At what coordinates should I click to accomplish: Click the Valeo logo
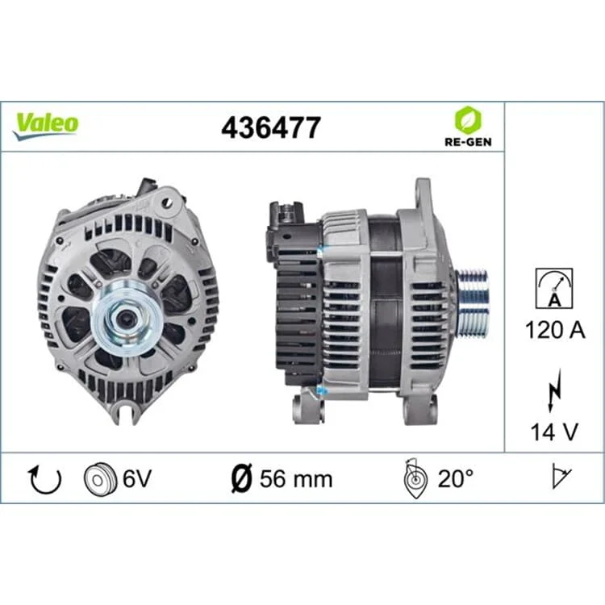pos(45,126)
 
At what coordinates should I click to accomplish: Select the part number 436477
pos(271,127)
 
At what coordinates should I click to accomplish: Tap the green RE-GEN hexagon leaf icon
pos(468,120)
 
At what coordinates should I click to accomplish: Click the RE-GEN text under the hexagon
pos(468,142)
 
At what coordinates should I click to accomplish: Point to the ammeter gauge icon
pos(554,288)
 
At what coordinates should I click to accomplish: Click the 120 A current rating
pos(555,330)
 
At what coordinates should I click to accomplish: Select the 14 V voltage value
pos(554,432)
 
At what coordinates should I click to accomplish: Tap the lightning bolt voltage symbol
pos(554,390)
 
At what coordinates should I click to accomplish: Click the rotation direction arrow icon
pos(45,479)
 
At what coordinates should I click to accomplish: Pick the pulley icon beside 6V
pos(100,479)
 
